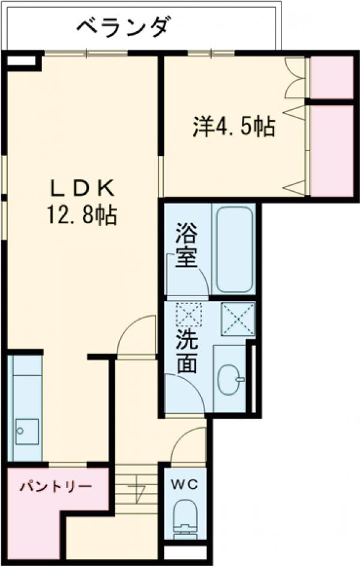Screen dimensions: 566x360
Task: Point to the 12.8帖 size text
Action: tap(82, 214)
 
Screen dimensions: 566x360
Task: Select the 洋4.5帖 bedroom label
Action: tap(234, 127)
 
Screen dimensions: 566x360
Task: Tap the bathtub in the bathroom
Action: tap(233, 249)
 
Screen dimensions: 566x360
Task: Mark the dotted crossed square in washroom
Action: tap(188, 314)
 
